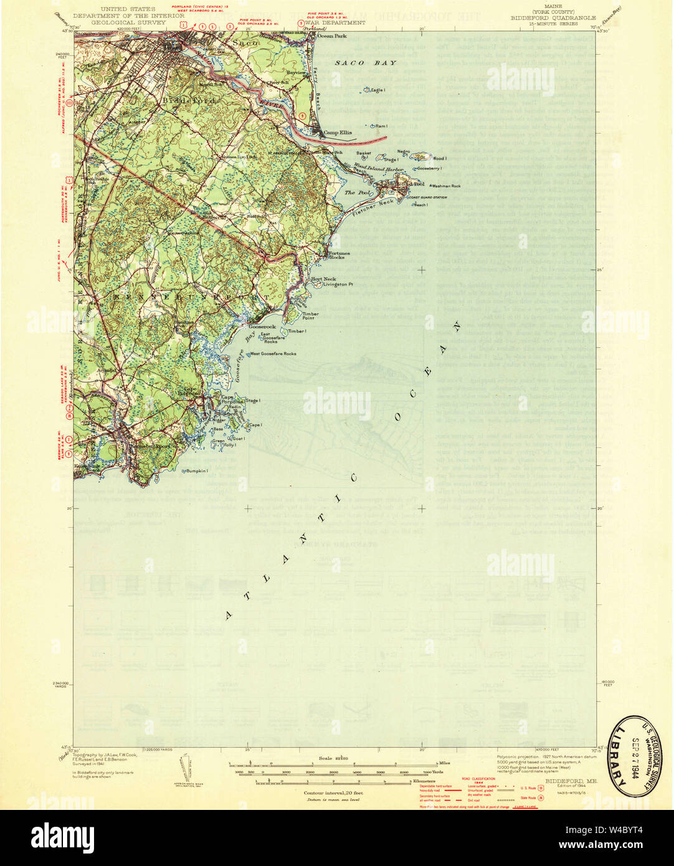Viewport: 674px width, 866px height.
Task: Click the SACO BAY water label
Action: pyautogui.click(x=365, y=63)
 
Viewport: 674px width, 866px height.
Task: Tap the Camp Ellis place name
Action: pyautogui.click(x=337, y=133)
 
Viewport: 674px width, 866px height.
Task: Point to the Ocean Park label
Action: pyautogui.click(x=331, y=36)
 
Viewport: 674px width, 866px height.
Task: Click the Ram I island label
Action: pyautogui.click(x=381, y=126)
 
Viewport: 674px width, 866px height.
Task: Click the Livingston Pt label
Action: pyautogui.click(x=338, y=284)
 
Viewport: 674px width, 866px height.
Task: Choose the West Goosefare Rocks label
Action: pyautogui.click(x=273, y=354)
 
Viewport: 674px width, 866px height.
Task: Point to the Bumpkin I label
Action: pyautogui.click(x=194, y=471)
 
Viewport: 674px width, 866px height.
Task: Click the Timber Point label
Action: pyautogui.click(x=311, y=316)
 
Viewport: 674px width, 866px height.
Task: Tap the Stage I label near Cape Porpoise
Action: pyautogui.click(x=253, y=401)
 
